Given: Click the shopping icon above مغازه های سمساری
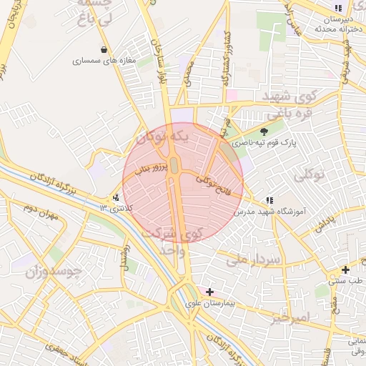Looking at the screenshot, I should tap(105, 50).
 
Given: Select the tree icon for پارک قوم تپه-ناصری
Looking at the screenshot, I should tap(264, 132).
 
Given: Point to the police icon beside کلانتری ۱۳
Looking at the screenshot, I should tap(117, 198).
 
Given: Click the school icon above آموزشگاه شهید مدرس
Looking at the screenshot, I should tap(269, 201).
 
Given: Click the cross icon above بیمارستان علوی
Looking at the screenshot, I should tap(209, 292).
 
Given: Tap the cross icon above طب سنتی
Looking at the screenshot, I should tap(346, 270).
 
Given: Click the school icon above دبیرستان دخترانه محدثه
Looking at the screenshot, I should tap(337, 9).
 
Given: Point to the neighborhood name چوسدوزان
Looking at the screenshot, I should tap(54, 272).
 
